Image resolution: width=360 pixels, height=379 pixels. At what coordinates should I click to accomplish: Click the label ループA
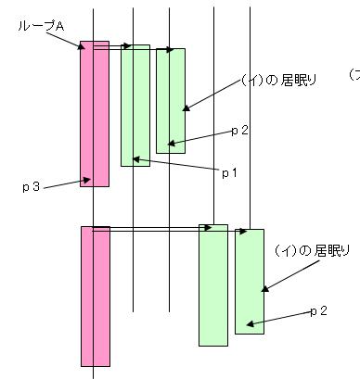point(41,26)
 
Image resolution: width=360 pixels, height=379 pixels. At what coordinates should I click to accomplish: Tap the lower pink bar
point(95,297)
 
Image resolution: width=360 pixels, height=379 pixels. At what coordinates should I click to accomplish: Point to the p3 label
point(31,187)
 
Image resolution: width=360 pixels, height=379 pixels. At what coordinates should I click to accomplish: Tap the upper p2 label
point(239,131)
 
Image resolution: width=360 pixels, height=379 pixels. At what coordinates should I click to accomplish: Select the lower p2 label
point(319,310)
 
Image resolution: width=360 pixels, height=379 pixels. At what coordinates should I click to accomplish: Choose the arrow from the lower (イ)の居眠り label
point(284,272)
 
